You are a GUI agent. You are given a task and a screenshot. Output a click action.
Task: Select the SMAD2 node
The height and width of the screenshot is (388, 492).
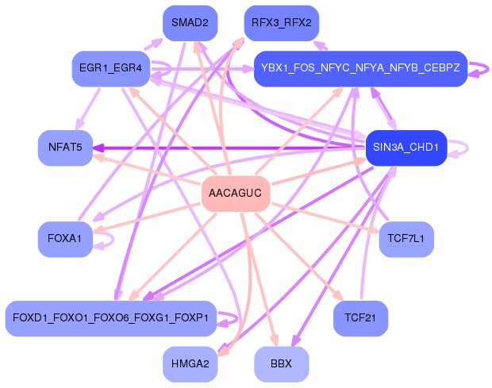point(190,23)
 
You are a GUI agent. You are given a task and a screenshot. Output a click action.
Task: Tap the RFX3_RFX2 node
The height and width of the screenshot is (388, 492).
point(281,23)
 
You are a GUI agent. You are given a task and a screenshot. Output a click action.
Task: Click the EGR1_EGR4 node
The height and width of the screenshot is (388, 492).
point(111,69)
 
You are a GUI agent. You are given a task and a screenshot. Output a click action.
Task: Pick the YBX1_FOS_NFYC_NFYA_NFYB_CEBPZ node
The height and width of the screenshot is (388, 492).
point(359,69)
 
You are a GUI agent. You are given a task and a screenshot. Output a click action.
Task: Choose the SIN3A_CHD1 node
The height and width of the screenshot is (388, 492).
point(407,148)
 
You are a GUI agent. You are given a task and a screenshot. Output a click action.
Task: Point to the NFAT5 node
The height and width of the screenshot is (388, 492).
point(65,148)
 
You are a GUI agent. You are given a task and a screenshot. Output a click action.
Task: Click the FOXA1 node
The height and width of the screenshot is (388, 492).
point(65,239)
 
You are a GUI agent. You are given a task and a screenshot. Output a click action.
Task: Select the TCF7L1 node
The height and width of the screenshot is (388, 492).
point(406,239)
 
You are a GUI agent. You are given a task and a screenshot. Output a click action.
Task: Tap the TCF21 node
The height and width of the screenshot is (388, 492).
point(360,318)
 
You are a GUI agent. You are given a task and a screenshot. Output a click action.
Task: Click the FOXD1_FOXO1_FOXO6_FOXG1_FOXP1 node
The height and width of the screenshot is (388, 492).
point(111,318)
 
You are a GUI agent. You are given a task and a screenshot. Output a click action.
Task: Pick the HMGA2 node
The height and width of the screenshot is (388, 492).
point(190,364)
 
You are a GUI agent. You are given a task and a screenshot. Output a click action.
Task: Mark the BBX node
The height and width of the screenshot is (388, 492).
point(281,364)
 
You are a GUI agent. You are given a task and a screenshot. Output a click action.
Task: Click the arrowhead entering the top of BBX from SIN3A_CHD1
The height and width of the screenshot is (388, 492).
point(297,340)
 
